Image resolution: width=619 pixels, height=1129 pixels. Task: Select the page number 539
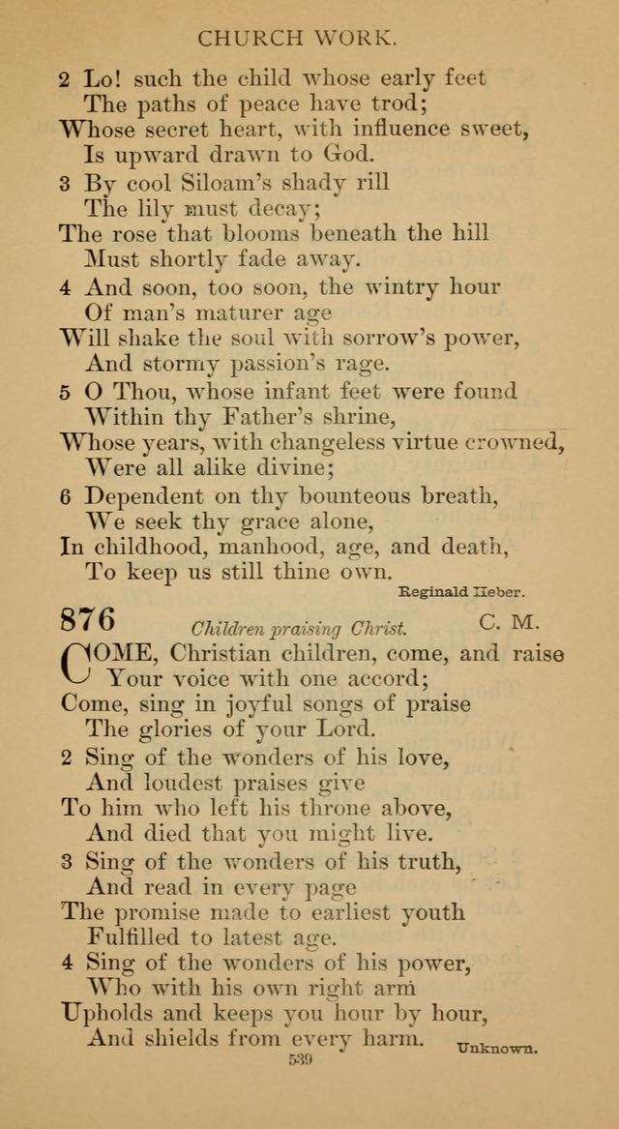[x=300, y=1061]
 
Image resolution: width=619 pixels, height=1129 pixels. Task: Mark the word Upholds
[x=109, y=1012]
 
